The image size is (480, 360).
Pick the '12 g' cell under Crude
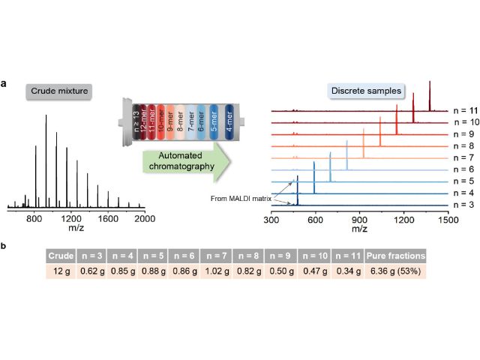point(60,271)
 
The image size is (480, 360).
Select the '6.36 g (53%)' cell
point(395,271)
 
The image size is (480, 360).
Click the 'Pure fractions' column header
point(395,255)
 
